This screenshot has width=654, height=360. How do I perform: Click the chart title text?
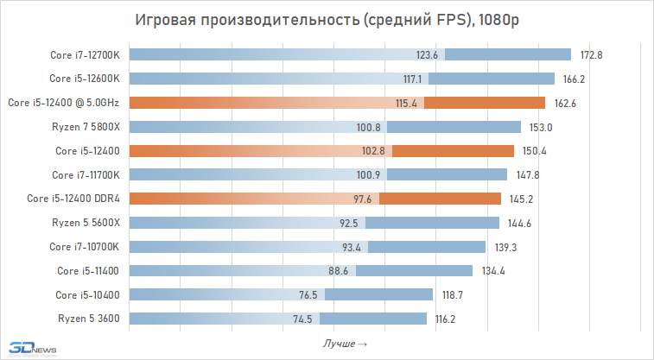coord(327,20)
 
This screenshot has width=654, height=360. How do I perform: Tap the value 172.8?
coord(591,55)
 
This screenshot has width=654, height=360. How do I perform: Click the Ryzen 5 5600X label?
coord(92,223)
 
